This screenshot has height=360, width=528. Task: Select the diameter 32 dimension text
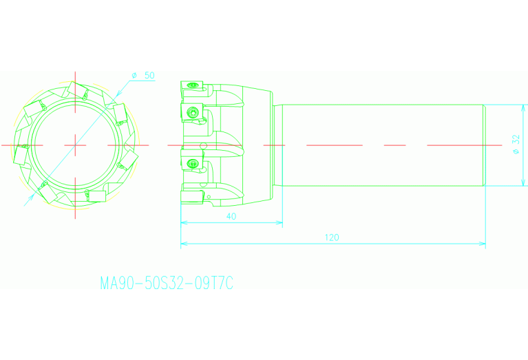click(x=516, y=144)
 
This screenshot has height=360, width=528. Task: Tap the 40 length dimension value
click(x=231, y=217)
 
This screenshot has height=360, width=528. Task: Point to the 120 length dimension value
click(x=332, y=237)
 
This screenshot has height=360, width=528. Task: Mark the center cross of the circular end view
click(x=75, y=145)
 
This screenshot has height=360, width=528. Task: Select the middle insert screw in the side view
click(x=193, y=112)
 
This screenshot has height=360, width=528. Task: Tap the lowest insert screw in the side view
click(x=193, y=164)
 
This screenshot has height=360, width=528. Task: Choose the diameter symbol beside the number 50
click(x=134, y=75)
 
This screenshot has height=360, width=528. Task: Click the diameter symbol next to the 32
click(x=516, y=152)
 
